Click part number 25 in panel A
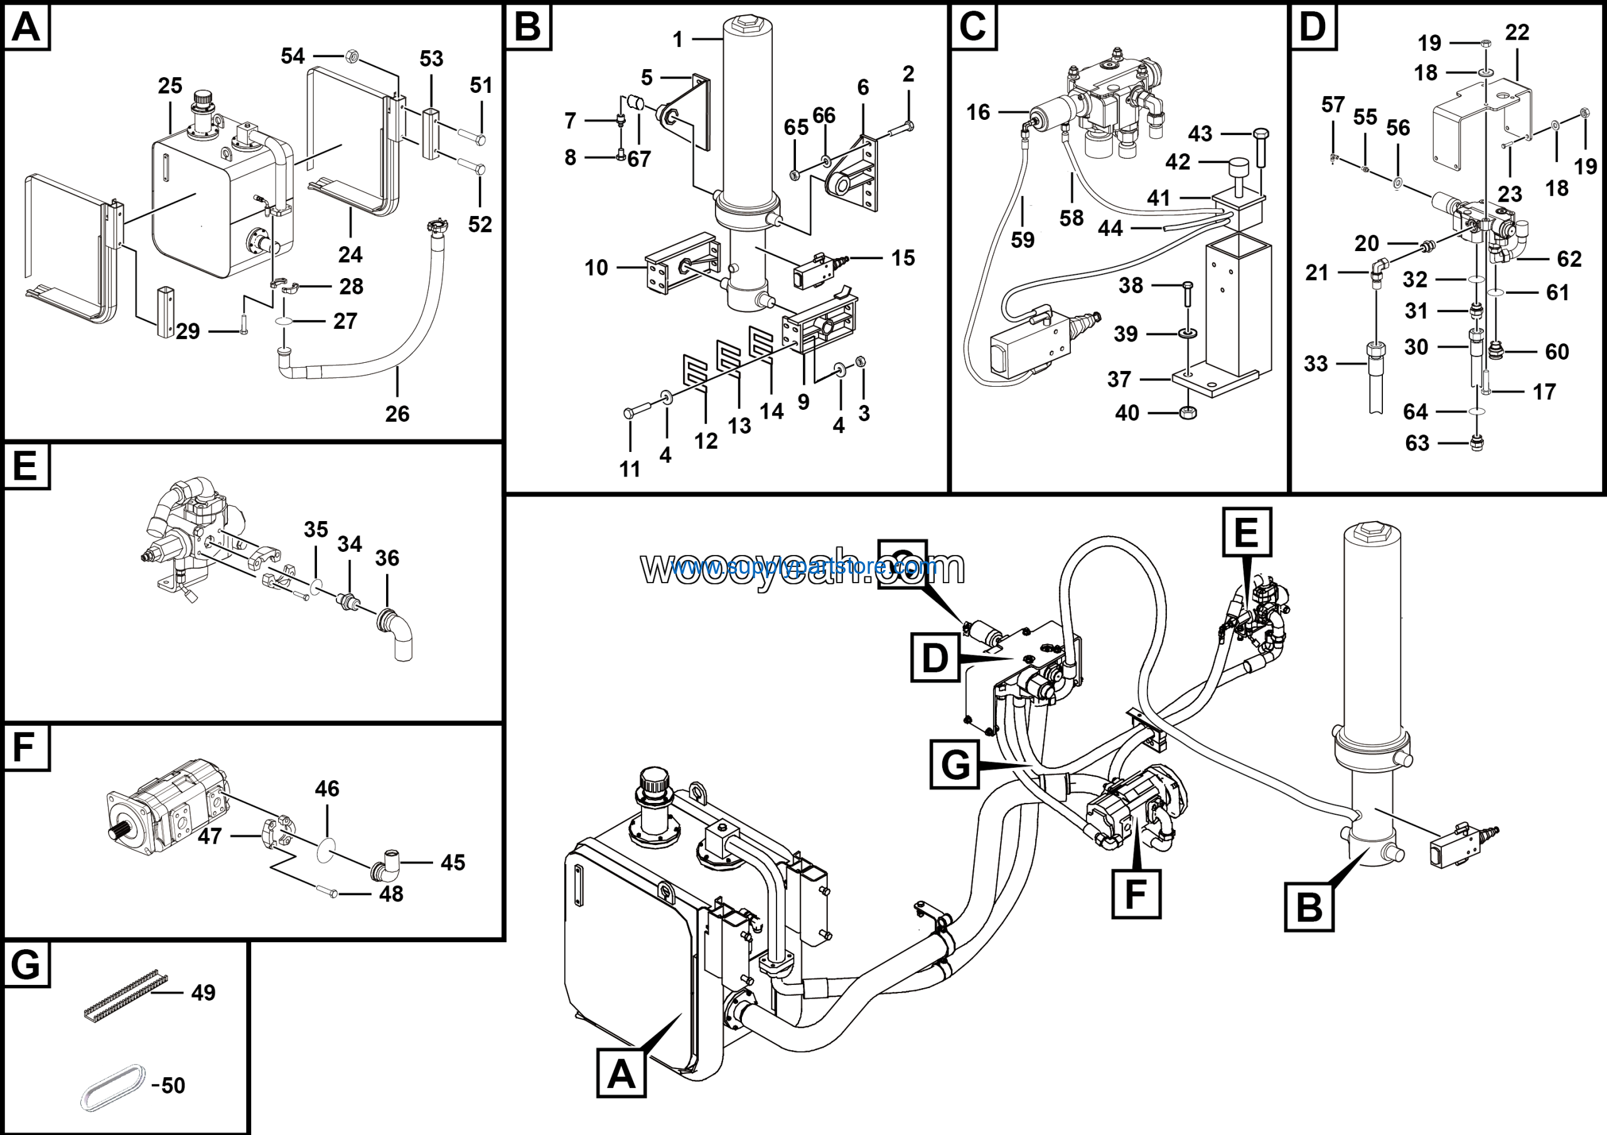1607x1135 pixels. (x=169, y=86)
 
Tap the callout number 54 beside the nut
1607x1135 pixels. (x=293, y=56)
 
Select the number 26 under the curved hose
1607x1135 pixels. (x=397, y=414)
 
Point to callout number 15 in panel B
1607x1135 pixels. (x=903, y=257)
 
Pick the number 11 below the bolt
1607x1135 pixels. (x=629, y=469)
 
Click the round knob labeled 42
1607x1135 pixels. (x=1237, y=169)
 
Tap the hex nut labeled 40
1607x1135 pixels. (x=1187, y=413)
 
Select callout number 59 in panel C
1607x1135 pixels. (x=1022, y=240)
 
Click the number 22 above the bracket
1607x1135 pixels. (x=1517, y=32)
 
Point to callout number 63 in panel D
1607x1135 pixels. (x=1417, y=443)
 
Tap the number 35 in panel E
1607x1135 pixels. (x=316, y=530)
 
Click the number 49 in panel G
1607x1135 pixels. (x=203, y=992)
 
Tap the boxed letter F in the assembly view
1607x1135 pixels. (x=1136, y=893)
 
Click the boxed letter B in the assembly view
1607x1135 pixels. (x=1309, y=907)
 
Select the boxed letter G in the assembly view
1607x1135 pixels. (x=955, y=765)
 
